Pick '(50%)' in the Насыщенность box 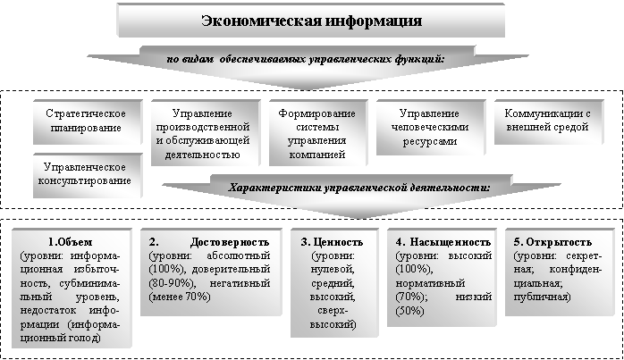click(411, 311)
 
